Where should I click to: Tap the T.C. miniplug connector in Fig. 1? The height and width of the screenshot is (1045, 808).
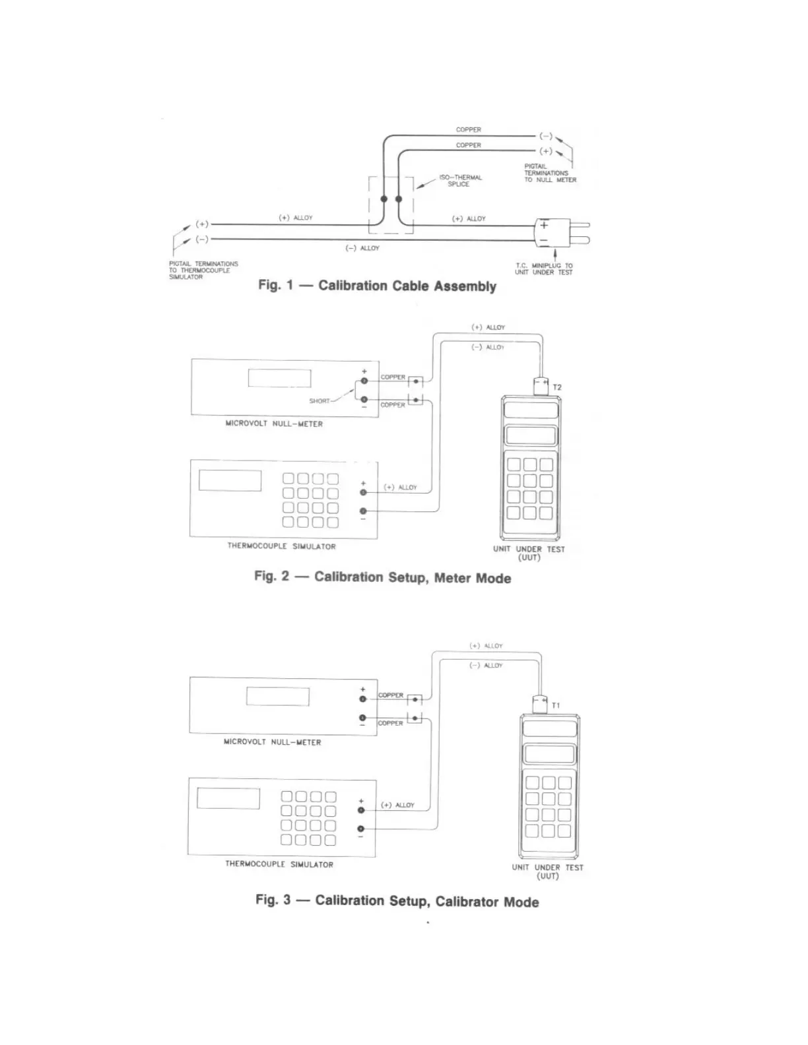pos(553,232)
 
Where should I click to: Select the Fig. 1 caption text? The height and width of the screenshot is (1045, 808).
pos(377,286)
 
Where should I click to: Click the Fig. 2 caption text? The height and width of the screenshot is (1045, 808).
pos(383,577)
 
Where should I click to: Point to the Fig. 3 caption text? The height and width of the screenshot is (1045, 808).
pos(397,901)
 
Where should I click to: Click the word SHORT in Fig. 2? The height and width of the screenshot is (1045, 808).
pos(320,401)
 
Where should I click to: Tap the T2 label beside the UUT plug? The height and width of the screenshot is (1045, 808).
pos(557,387)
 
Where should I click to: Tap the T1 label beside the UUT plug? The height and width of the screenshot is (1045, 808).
pos(556,705)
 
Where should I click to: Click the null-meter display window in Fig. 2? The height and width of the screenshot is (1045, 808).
pos(279,378)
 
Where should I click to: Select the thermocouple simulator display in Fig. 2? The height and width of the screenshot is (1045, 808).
pos(230,480)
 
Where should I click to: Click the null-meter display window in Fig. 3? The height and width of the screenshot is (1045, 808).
pos(277,696)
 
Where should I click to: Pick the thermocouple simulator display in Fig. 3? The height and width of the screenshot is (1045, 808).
pos(228,798)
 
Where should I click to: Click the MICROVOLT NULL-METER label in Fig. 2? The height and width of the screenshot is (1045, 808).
pos(274,424)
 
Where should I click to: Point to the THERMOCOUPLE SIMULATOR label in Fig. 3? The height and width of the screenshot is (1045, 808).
pos(279,864)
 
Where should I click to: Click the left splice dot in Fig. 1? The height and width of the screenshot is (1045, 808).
pos(384,199)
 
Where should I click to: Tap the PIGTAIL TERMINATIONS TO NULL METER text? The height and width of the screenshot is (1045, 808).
pos(550,173)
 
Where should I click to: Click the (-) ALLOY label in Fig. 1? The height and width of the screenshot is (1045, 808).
pos(362,248)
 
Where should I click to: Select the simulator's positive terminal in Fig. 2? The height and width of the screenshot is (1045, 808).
pos(363,492)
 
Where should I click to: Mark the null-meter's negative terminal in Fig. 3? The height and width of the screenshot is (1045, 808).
pos(362,718)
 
